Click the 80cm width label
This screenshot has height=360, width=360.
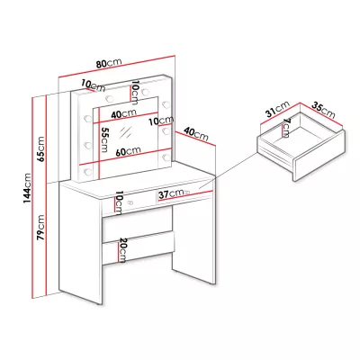click(109, 64)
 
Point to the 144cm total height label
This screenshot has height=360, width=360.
click(28, 188)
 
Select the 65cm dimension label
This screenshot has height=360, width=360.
click(40, 149)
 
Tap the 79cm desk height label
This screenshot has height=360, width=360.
click(40, 227)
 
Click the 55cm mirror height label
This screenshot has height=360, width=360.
click(104, 139)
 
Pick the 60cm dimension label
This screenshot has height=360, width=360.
click(129, 151)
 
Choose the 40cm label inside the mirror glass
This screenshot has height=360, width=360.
click(123, 113)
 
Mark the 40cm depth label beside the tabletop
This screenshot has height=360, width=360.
click(196, 134)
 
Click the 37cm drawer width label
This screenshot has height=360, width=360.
click(171, 193)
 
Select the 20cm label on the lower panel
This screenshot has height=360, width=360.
click(122, 250)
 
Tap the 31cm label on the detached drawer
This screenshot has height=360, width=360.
click(278, 109)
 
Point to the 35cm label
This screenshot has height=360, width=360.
click(323, 110)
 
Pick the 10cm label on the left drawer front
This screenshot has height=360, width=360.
click(119, 202)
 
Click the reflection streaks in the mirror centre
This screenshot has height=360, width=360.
click(126, 132)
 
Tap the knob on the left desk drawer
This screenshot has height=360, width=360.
click(130, 202)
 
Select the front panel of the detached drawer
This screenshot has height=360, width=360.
click(319, 156)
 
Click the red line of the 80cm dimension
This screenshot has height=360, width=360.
click(116, 67)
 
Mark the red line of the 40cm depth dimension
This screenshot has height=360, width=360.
click(195, 139)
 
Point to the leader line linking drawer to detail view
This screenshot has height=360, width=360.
click(227, 170)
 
